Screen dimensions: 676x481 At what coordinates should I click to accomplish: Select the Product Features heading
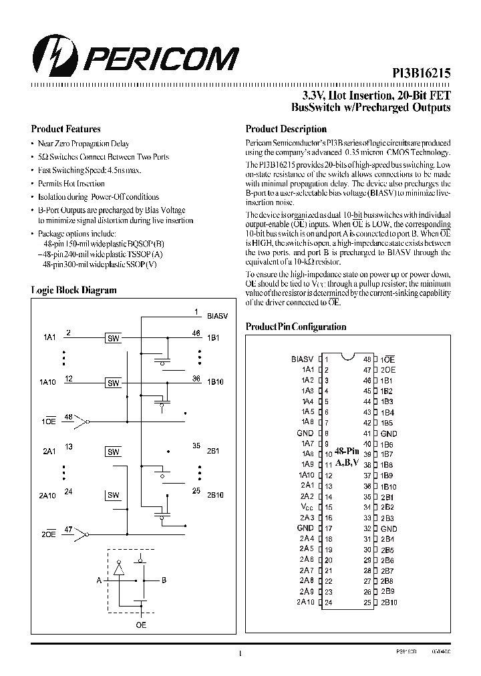point(66,129)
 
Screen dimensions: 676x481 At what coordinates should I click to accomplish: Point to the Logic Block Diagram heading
point(73,290)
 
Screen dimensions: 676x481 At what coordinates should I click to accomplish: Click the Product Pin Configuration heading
point(296,327)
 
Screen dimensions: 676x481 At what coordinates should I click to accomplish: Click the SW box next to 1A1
point(114,339)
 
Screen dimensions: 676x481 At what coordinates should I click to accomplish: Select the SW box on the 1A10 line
point(114,383)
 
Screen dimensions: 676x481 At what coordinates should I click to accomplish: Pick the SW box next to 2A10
point(114,495)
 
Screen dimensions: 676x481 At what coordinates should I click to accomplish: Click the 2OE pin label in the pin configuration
point(388,369)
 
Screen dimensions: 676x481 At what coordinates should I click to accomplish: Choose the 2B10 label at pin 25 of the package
point(389,602)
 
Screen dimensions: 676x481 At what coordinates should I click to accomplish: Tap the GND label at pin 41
point(389,434)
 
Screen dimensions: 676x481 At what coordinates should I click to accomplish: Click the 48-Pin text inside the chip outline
point(347,451)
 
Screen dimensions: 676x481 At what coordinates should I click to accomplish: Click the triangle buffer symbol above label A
point(120,569)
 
